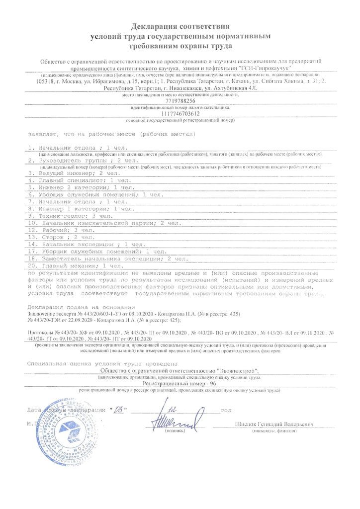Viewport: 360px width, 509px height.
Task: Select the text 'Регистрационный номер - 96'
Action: click(x=180, y=384)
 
